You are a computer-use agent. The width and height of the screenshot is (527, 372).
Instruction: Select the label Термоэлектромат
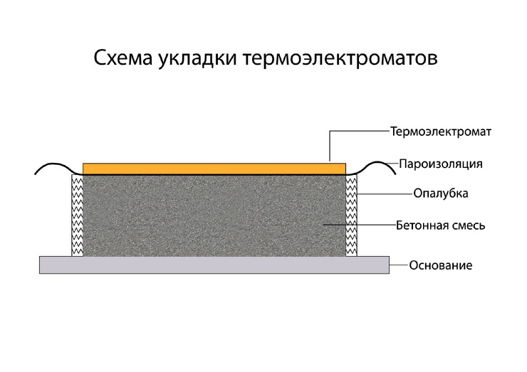tap(442, 132)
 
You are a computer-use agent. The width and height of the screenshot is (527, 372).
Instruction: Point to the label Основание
tap(440, 265)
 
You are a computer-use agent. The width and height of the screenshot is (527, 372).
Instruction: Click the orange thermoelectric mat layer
tap(214, 168)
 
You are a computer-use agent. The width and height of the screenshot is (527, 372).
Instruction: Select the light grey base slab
tap(214, 265)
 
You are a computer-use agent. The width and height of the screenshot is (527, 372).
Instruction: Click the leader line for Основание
tap(398, 265)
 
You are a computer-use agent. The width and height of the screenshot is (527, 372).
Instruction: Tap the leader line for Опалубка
tap(385, 193)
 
